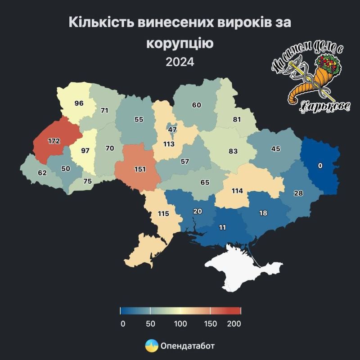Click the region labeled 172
tap(54, 141)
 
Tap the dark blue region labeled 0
tap(320, 166)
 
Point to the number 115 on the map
tap(163, 213)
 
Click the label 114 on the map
tap(237, 191)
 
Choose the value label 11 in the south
tap(222, 227)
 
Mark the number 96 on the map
tap(79, 103)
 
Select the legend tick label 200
tap(234, 324)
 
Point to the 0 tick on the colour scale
tap(122, 324)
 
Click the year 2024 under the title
tap(180, 62)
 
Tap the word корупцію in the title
tap(180, 43)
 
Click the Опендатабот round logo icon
tap(151, 346)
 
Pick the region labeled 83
tap(233, 151)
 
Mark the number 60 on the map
tap(196, 105)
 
